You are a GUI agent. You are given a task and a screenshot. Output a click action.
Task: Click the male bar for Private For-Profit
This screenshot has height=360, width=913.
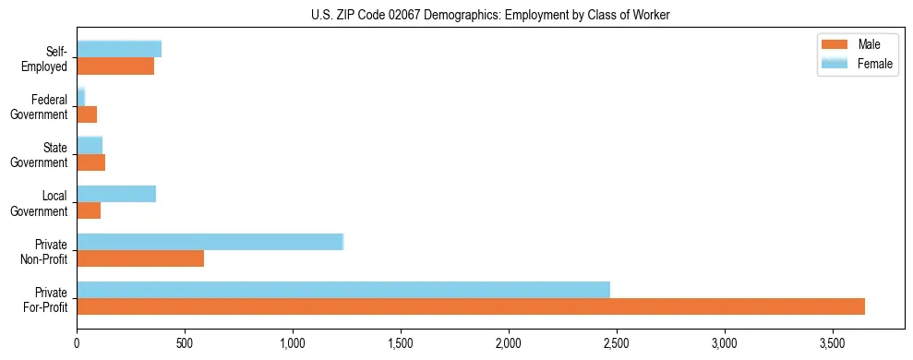471,306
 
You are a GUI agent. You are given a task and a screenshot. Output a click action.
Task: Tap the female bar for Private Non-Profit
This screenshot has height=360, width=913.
210,242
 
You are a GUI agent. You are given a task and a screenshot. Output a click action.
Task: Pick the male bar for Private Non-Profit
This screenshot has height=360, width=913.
140,258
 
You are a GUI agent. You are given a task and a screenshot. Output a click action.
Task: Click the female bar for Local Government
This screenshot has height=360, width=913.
116,194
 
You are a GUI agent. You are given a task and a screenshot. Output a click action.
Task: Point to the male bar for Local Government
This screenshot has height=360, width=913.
89,210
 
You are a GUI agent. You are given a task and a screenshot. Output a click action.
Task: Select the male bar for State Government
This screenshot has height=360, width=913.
91,162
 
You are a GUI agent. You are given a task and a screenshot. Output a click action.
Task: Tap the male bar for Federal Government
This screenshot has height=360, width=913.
87,114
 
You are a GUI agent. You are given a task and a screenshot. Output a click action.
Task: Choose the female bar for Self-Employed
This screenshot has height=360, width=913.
119,49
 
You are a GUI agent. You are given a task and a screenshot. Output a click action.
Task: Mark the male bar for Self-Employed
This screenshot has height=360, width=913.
115,66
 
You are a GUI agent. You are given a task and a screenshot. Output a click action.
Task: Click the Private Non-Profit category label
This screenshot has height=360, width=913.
47,251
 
